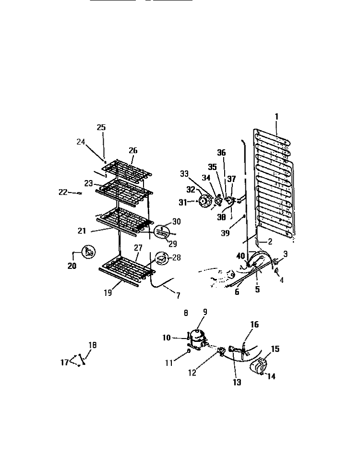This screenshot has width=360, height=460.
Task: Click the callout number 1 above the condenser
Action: pos(276,117)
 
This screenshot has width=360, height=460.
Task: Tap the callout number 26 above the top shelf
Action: pos(133,150)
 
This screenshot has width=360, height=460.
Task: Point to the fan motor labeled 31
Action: pos(204,201)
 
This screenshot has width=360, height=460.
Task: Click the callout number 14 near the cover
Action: pos(272,376)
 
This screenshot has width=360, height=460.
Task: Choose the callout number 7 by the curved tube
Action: pos(178,295)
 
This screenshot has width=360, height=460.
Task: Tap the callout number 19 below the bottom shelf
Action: pos(108,292)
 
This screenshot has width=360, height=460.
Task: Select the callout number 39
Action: pos(225,233)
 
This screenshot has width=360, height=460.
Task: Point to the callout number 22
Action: pos(63,192)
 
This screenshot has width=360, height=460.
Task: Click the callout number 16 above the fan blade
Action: pos(254,325)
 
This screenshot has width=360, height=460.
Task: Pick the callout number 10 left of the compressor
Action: pos(167,338)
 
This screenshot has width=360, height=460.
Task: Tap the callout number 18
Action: pos(92,345)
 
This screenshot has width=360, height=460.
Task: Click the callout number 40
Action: pos(240,256)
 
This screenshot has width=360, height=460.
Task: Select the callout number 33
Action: pos(184,174)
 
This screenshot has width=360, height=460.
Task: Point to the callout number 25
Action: pos(101,127)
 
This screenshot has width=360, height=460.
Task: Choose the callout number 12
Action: pos(192,373)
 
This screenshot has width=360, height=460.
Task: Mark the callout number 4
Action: pos(282,280)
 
